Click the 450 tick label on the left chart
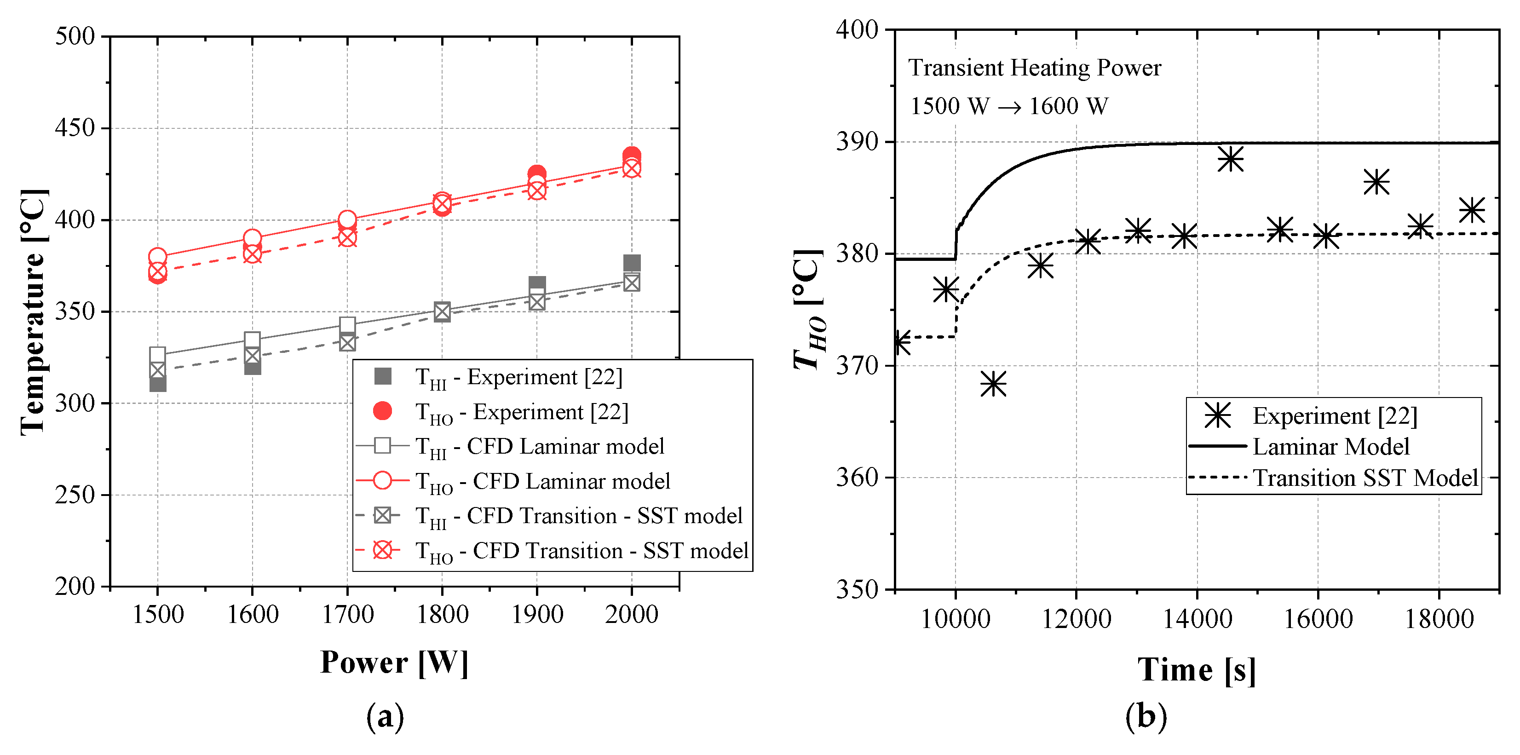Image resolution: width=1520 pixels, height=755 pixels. click(75, 128)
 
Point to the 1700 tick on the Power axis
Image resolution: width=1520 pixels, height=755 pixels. click(347, 615)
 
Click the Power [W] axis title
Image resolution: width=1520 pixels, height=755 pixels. click(394, 663)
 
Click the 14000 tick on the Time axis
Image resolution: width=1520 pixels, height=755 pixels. click(1197, 619)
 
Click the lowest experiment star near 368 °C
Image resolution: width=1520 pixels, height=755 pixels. click(994, 384)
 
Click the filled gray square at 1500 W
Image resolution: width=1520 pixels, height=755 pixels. click(157, 384)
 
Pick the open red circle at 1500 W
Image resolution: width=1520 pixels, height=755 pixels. click(157, 257)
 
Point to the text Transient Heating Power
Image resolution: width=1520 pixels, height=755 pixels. click(1034, 68)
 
